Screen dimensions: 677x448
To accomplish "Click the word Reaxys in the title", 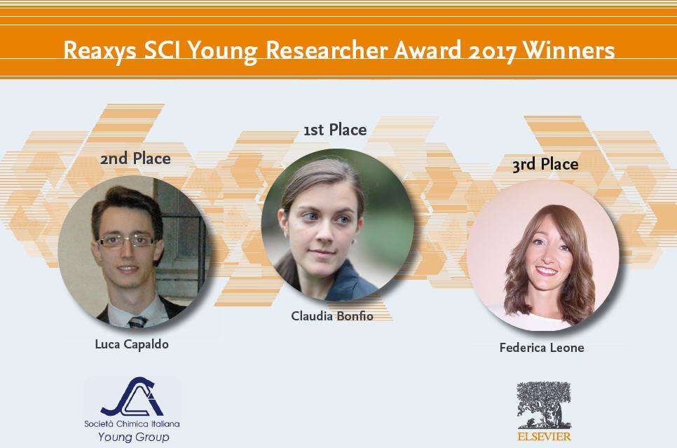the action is (x=100, y=51).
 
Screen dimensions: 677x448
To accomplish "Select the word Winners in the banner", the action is (x=568, y=50).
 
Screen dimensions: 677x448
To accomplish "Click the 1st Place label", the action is (x=335, y=130).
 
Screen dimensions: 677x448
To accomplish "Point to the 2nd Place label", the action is (x=135, y=158).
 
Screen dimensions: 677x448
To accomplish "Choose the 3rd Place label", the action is (x=545, y=165).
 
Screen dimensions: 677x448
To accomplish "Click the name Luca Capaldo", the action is (x=132, y=344).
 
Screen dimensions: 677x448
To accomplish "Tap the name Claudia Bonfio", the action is (x=332, y=315).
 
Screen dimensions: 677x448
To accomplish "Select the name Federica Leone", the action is (x=542, y=347).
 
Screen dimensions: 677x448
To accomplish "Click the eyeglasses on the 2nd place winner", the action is (x=127, y=240).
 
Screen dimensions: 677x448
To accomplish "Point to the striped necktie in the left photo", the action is (x=137, y=322).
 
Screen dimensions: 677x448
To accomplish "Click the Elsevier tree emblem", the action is (x=544, y=405).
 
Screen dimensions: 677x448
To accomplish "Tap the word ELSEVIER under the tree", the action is (x=544, y=436).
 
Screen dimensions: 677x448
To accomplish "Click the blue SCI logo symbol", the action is (x=132, y=396).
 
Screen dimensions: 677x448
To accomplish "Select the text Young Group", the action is (x=133, y=437).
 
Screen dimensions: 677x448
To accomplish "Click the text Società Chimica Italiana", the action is (x=132, y=423).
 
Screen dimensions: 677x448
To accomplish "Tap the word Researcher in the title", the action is (x=327, y=50).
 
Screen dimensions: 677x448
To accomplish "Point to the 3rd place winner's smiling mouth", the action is (x=546, y=271).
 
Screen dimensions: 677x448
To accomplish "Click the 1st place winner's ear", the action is (x=283, y=219).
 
